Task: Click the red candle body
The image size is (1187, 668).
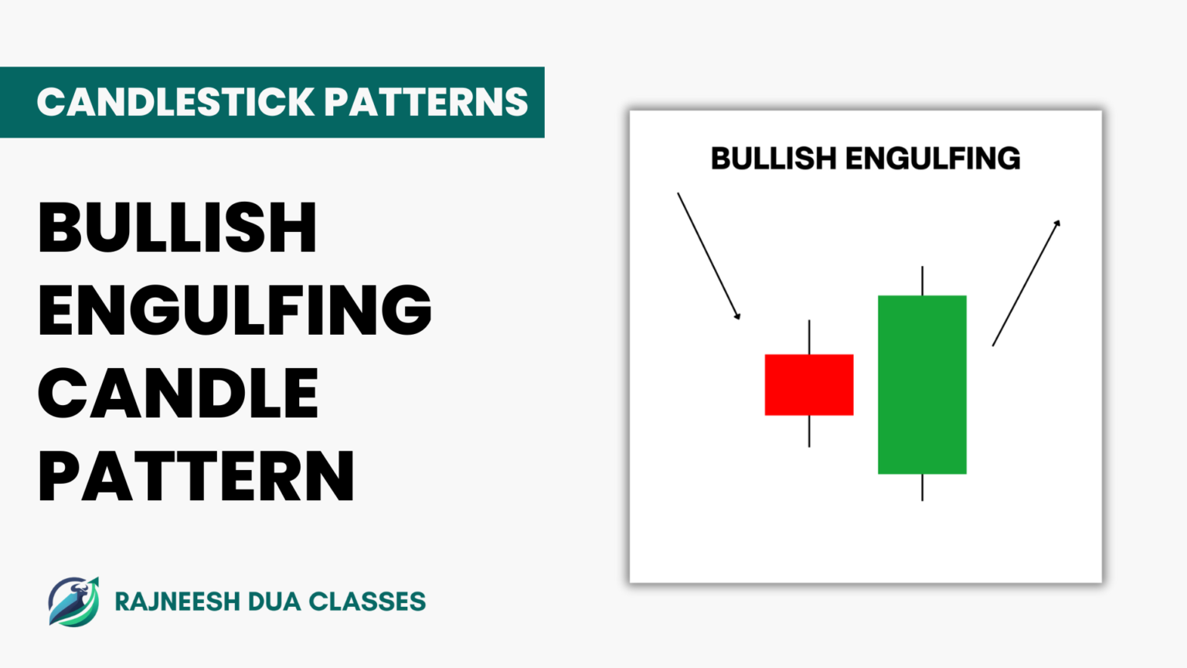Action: pos(809,384)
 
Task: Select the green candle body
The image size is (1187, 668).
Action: pos(922,384)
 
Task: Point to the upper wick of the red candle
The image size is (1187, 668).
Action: pos(809,337)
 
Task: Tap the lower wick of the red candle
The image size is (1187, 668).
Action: pos(809,431)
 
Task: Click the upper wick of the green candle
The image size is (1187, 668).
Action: pos(922,281)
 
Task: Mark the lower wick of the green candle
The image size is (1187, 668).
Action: pos(922,487)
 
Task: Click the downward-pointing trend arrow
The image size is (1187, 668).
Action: pos(709,256)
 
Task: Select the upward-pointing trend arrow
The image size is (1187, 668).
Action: pos(1026,283)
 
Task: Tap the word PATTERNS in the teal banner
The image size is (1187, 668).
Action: pos(426,102)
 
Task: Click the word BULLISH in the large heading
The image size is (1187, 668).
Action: pos(178,227)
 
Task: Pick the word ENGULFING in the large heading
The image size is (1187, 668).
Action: pos(235,310)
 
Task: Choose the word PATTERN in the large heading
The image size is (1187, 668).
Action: pos(196,476)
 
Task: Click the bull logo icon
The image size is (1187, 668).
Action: pos(74,601)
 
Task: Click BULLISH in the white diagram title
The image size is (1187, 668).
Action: pos(774,158)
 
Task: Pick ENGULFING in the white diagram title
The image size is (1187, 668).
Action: pos(933,158)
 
